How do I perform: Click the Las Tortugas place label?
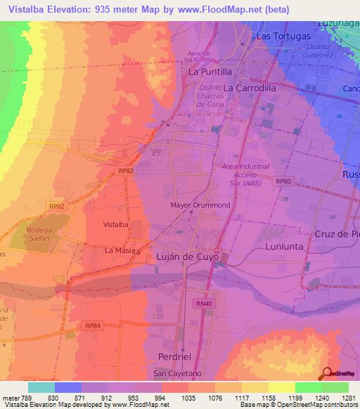pyautogui.click(x=283, y=36)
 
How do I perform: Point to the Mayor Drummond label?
pyautogui.click(x=200, y=205)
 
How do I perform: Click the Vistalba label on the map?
pyautogui.click(x=115, y=224)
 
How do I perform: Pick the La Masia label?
pyautogui.click(x=120, y=250)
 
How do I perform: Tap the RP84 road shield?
pyautogui.click(x=93, y=325)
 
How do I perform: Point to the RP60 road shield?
pyautogui.click(x=283, y=181)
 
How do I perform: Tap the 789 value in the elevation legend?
pyautogui.click(x=23, y=398)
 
